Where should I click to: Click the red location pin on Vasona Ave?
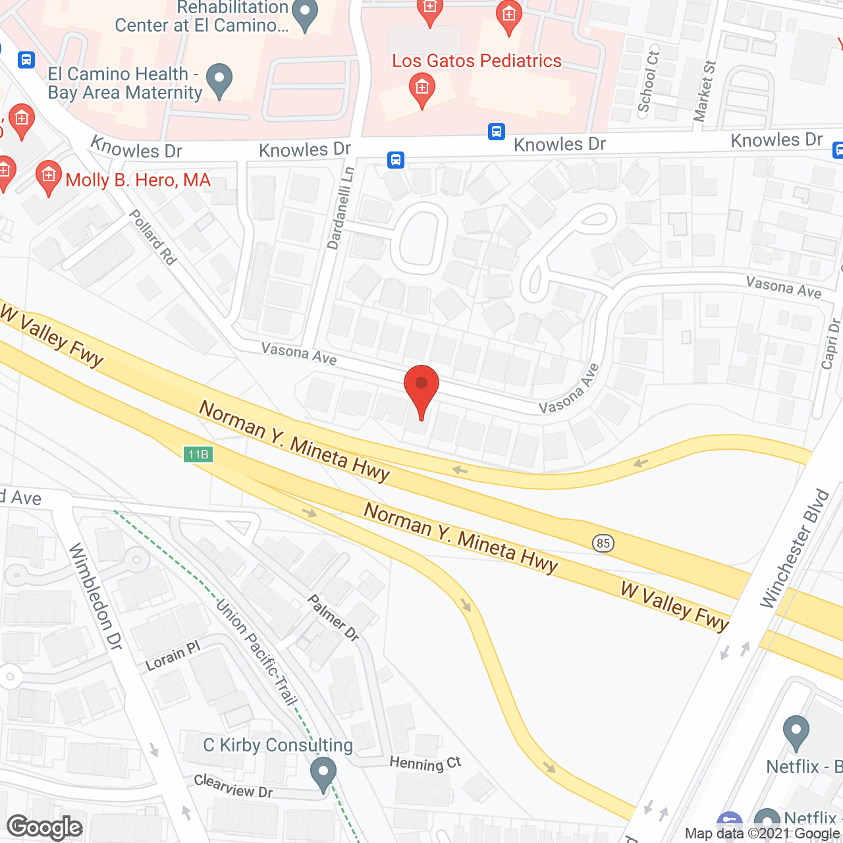(421, 389)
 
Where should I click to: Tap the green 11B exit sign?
(198, 454)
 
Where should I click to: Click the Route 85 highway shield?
(603, 543)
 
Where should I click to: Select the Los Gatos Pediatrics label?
(477, 61)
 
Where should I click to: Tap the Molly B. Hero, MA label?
(138, 180)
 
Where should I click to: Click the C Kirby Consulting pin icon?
(323, 774)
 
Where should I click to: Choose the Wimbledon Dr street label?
(96, 596)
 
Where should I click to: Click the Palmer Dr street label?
(334, 617)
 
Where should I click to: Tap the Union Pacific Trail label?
(256, 652)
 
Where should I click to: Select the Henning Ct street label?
(425, 763)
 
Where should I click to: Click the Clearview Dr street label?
(233, 786)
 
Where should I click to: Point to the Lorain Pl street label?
(173, 657)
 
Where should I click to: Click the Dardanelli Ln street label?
(340, 207)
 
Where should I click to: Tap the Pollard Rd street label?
(153, 237)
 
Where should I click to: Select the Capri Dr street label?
(831, 343)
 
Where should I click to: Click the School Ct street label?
(648, 81)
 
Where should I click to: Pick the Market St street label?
(705, 91)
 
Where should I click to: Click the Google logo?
(45, 827)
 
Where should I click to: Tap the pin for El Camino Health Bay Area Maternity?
(219, 80)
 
